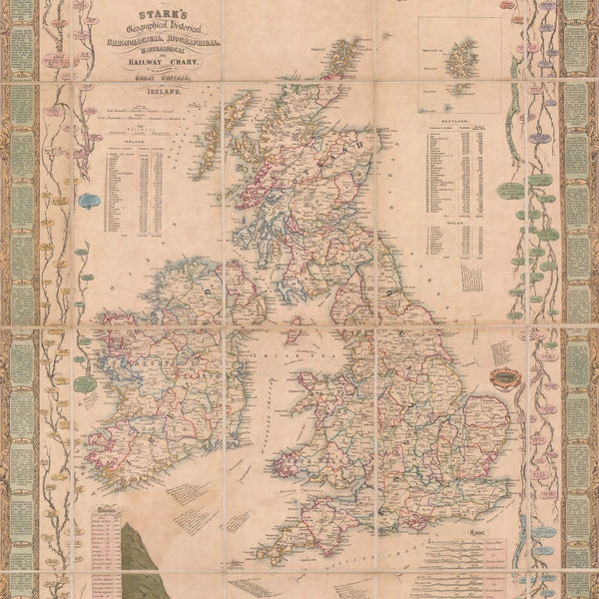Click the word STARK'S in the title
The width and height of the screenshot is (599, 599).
149,12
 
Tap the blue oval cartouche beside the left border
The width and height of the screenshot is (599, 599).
87,200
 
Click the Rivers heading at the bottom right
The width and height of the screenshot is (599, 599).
489,532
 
